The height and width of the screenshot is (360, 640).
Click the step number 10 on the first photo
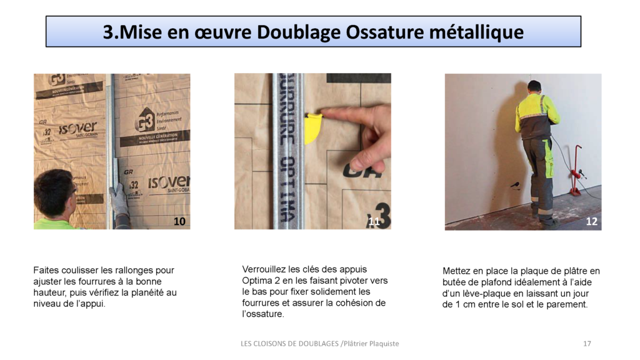pyautogui.click(x=179, y=221)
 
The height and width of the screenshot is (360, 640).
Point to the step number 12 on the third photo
pyautogui.click(x=591, y=221)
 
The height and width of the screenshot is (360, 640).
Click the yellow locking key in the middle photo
pyautogui.click(x=313, y=127)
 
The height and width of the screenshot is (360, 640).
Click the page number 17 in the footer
pyautogui.click(x=587, y=343)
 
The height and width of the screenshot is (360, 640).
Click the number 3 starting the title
pyautogui.click(x=108, y=32)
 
